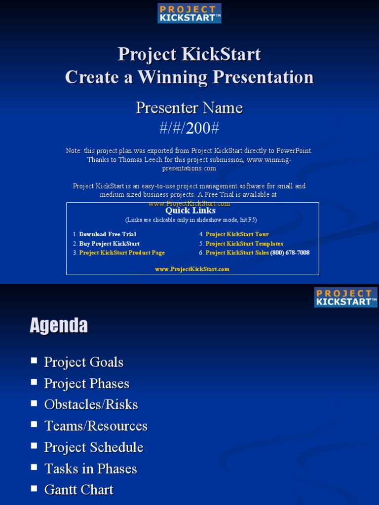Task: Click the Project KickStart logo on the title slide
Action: (189, 13)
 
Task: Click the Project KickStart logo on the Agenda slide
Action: (345, 297)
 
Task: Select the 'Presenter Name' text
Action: (189, 108)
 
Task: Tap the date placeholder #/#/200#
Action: (189, 128)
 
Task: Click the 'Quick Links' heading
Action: (190, 211)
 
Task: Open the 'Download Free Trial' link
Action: (108, 234)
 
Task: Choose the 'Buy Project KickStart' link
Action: (109, 244)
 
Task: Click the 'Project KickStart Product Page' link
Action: (122, 252)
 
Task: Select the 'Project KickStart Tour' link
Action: (237, 234)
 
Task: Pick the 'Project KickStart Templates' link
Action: (244, 244)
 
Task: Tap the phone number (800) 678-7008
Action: (290, 252)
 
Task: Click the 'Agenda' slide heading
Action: (59, 325)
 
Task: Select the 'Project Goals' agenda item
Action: (84, 362)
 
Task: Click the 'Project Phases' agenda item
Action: (87, 383)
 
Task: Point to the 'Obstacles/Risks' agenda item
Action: (91, 404)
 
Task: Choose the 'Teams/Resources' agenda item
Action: (96, 426)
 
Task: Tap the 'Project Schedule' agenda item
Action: (94, 447)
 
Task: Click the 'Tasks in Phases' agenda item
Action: (91, 469)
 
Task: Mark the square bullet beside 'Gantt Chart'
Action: (34, 488)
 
